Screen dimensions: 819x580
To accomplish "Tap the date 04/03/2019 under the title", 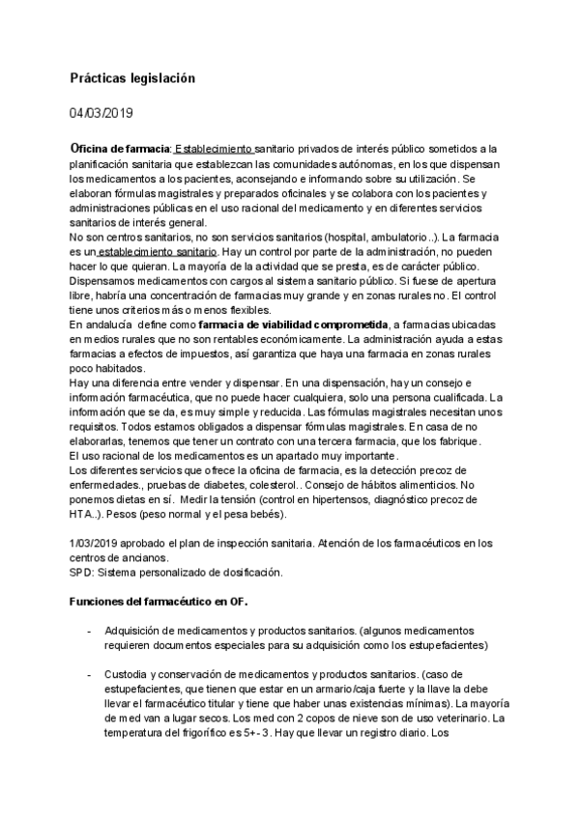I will click(x=101, y=113).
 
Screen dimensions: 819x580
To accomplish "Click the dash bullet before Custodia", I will click(x=89, y=672).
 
